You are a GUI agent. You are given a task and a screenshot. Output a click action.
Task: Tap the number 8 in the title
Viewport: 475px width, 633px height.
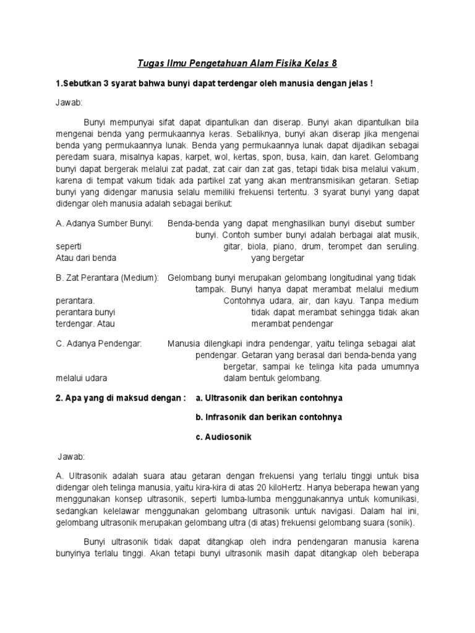[x=335, y=64]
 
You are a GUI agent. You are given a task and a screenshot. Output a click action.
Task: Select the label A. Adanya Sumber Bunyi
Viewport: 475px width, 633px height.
[x=105, y=223]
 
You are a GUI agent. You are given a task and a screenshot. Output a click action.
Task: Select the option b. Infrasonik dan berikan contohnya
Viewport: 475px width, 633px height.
[x=268, y=417]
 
